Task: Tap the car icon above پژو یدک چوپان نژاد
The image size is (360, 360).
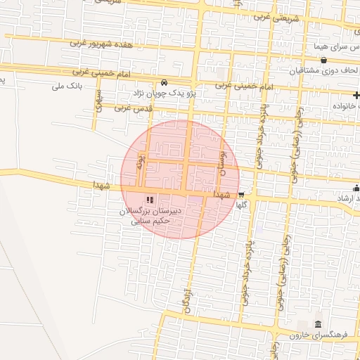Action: [x=164, y=82]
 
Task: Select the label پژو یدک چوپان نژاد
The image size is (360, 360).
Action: [x=167, y=92]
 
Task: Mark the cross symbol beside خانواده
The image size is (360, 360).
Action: [x=356, y=94]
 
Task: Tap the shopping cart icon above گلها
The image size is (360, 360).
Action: [x=241, y=195]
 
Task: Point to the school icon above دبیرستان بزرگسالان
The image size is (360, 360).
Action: [x=149, y=200]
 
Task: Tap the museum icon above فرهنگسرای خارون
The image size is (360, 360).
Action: [x=318, y=324]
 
